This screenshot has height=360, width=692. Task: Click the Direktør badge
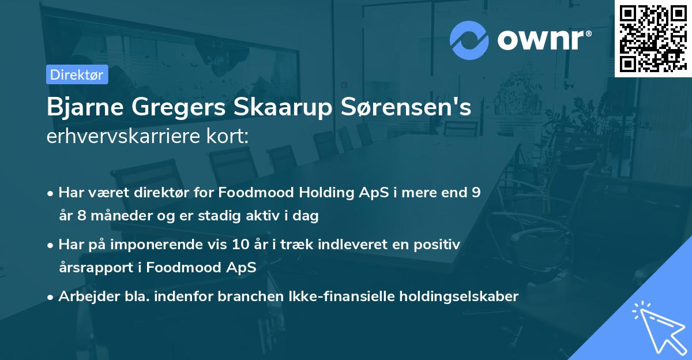click(77, 74)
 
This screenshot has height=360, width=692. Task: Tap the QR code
click(653, 38)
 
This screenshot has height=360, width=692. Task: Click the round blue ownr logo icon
click(469, 39)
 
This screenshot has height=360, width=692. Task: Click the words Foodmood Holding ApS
click(290, 193)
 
